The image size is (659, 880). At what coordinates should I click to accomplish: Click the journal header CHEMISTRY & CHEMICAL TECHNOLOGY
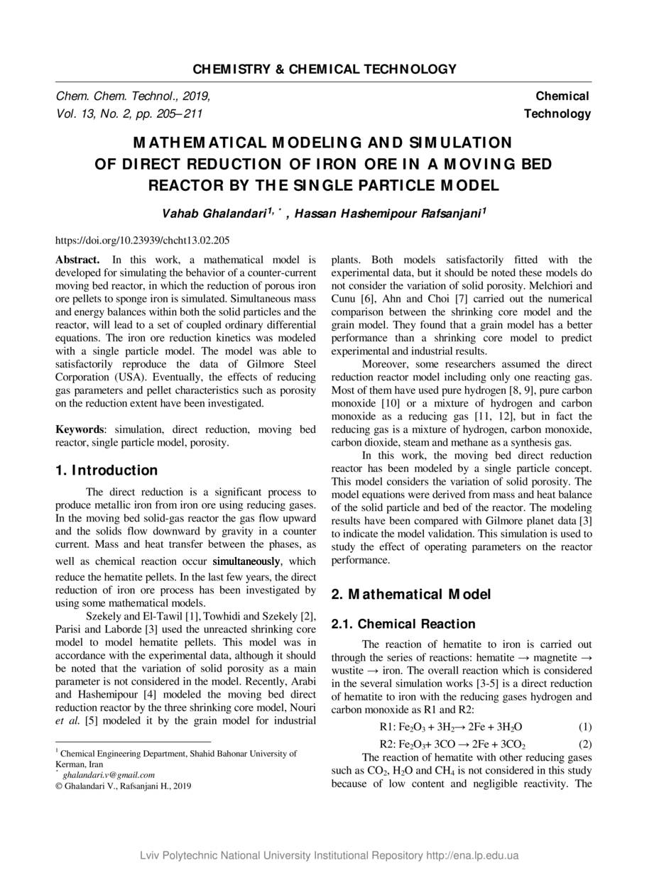[x=325, y=70]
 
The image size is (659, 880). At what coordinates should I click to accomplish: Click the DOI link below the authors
[x=142, y=241]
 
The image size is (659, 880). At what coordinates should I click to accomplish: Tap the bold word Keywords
[x=80, y=430]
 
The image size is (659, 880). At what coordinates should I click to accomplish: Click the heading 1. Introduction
[x=107, y=471]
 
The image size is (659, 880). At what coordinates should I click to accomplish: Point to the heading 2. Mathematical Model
[x=411, y=595]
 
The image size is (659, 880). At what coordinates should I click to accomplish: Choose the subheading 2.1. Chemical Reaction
[x=403, y=624]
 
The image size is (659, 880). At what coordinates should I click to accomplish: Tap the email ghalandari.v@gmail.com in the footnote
[x=109, y=775]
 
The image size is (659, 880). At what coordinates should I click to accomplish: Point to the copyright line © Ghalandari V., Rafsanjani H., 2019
[x=123, y=786]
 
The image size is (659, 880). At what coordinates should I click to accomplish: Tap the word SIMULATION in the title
[x=448, y=143]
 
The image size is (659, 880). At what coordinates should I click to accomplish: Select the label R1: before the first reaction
[x=387, y=727]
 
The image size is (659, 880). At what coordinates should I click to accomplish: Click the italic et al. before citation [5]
[x=68, y=722]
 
